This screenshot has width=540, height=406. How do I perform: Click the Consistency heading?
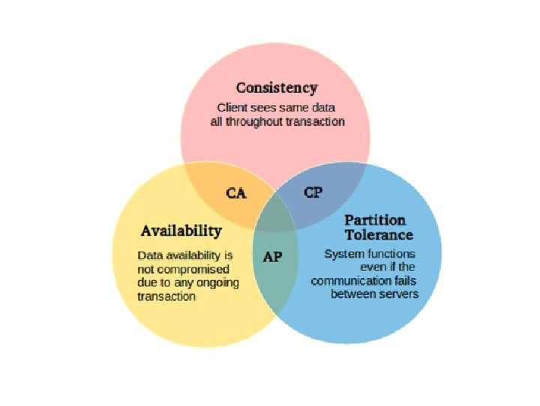(x=276, y=88)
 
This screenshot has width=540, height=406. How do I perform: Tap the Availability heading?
(x=181, y=230)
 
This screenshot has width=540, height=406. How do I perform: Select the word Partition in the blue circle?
(x=375, y=220)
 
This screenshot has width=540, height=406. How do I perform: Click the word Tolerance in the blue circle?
(x=379, y=234)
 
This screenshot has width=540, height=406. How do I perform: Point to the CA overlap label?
(x=236, y=193)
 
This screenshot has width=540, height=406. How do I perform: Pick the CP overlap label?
(x=313, y=193)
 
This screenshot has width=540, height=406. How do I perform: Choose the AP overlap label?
(x=272, y=256)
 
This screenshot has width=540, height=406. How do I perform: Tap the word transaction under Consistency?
(x=315, y=121)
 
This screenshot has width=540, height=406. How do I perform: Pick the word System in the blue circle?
(x=342, y=254)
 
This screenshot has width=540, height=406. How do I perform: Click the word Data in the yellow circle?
(x=150, y=255)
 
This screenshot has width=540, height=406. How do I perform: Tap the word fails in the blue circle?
(x=403, y=281)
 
